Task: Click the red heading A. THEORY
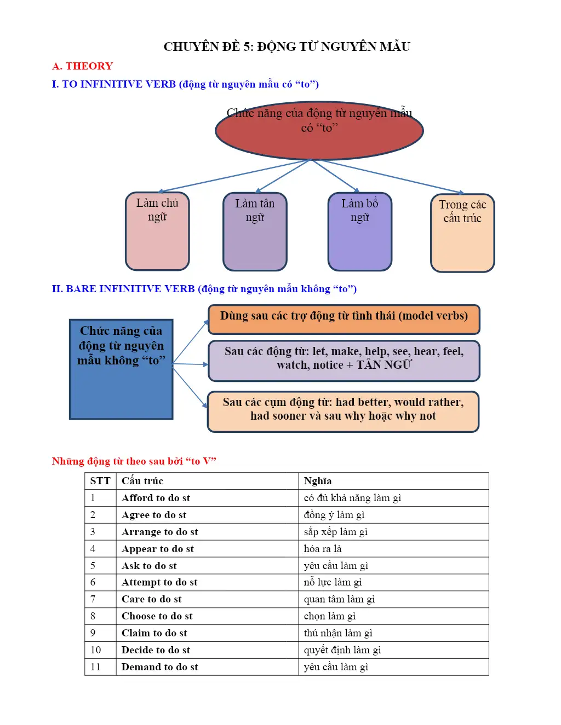(x=82, y=66)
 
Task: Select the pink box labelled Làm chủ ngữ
(x=157, y=231)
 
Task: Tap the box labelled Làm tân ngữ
(x=255, y=231)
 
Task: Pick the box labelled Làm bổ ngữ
(x=359, y=231)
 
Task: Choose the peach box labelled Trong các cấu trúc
(x=462, y=233)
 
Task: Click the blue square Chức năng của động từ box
(x=121, y=369)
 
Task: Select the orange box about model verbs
(x=344, y=320)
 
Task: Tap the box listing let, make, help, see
(x=344, y=361)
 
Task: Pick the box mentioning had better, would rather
(x=344, y=411)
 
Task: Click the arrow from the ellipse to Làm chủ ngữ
(x=234, y=176)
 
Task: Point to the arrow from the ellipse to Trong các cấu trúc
(x=388, y=177)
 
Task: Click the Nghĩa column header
(x=318, y=481)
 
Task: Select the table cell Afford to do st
(x=156, y=498)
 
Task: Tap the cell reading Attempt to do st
(x=159, y=582)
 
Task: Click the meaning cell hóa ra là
(x=323, y=548)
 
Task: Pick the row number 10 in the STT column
(x=95, y=650)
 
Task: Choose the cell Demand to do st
(x=159, y=667)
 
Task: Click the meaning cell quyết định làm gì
(x=342, y=650)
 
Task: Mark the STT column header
(x=100, y=481)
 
